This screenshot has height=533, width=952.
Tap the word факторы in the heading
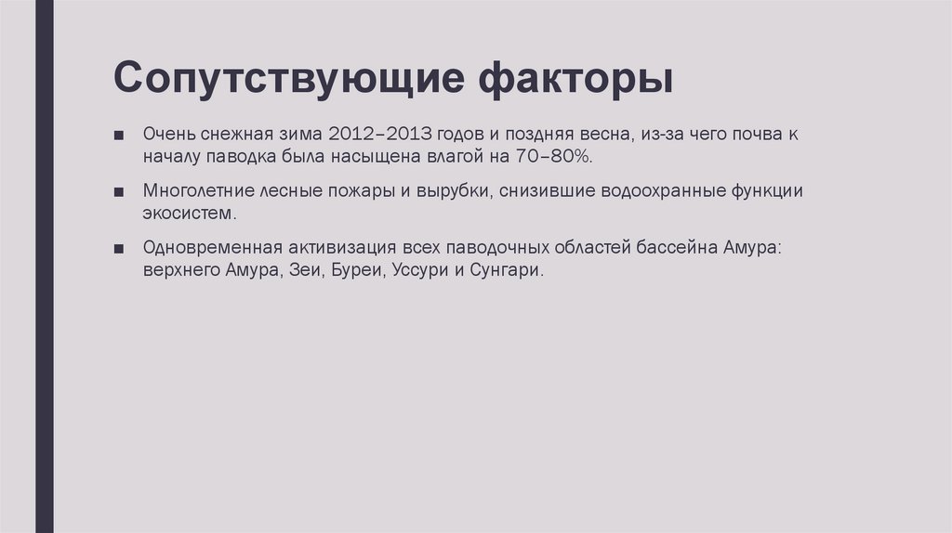coord(575,79)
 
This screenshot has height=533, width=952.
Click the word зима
coord(290,134)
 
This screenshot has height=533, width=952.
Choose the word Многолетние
coord(197,191)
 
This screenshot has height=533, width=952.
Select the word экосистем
coord(190,214)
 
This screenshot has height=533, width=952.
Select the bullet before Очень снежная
coord(120,135)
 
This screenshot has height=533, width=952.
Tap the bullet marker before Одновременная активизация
coord(120,250)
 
